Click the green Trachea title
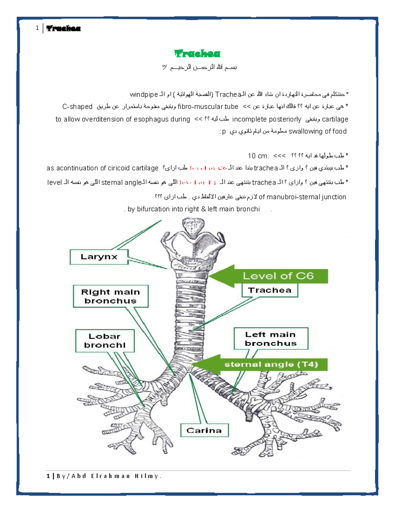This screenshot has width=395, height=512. (x=197, y=53)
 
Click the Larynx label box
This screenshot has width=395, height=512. (x=99, y=257)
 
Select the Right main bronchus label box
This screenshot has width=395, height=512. (x=111, y=296)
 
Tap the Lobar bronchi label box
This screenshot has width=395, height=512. (x=105, y=341)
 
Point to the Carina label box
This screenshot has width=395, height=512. (x=204, y=430)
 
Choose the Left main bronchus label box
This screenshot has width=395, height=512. (x=271, y=339)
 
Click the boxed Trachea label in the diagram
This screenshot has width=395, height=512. (x=270, y=290)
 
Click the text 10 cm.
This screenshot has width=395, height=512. (x=258, y=156)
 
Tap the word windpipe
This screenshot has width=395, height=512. (x=144, y=95)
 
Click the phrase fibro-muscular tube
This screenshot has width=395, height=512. (x=208, y=106)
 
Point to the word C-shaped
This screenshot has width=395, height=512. (x=77, y=106)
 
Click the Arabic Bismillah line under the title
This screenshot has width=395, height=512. (x=199, y=67)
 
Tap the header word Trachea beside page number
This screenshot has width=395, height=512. (x=64, y=28)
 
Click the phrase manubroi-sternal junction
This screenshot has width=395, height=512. (x=306, y=197)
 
